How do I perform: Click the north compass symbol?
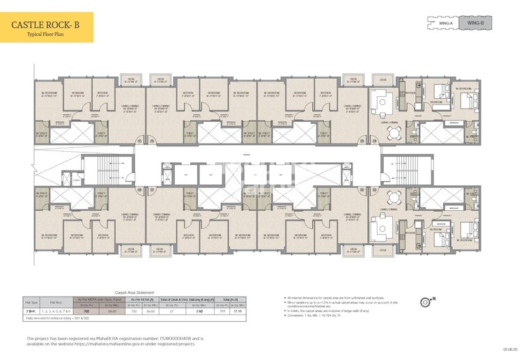coord(427,302)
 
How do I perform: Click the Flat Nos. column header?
coord(61,302)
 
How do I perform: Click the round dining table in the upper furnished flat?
coord(382,102)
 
